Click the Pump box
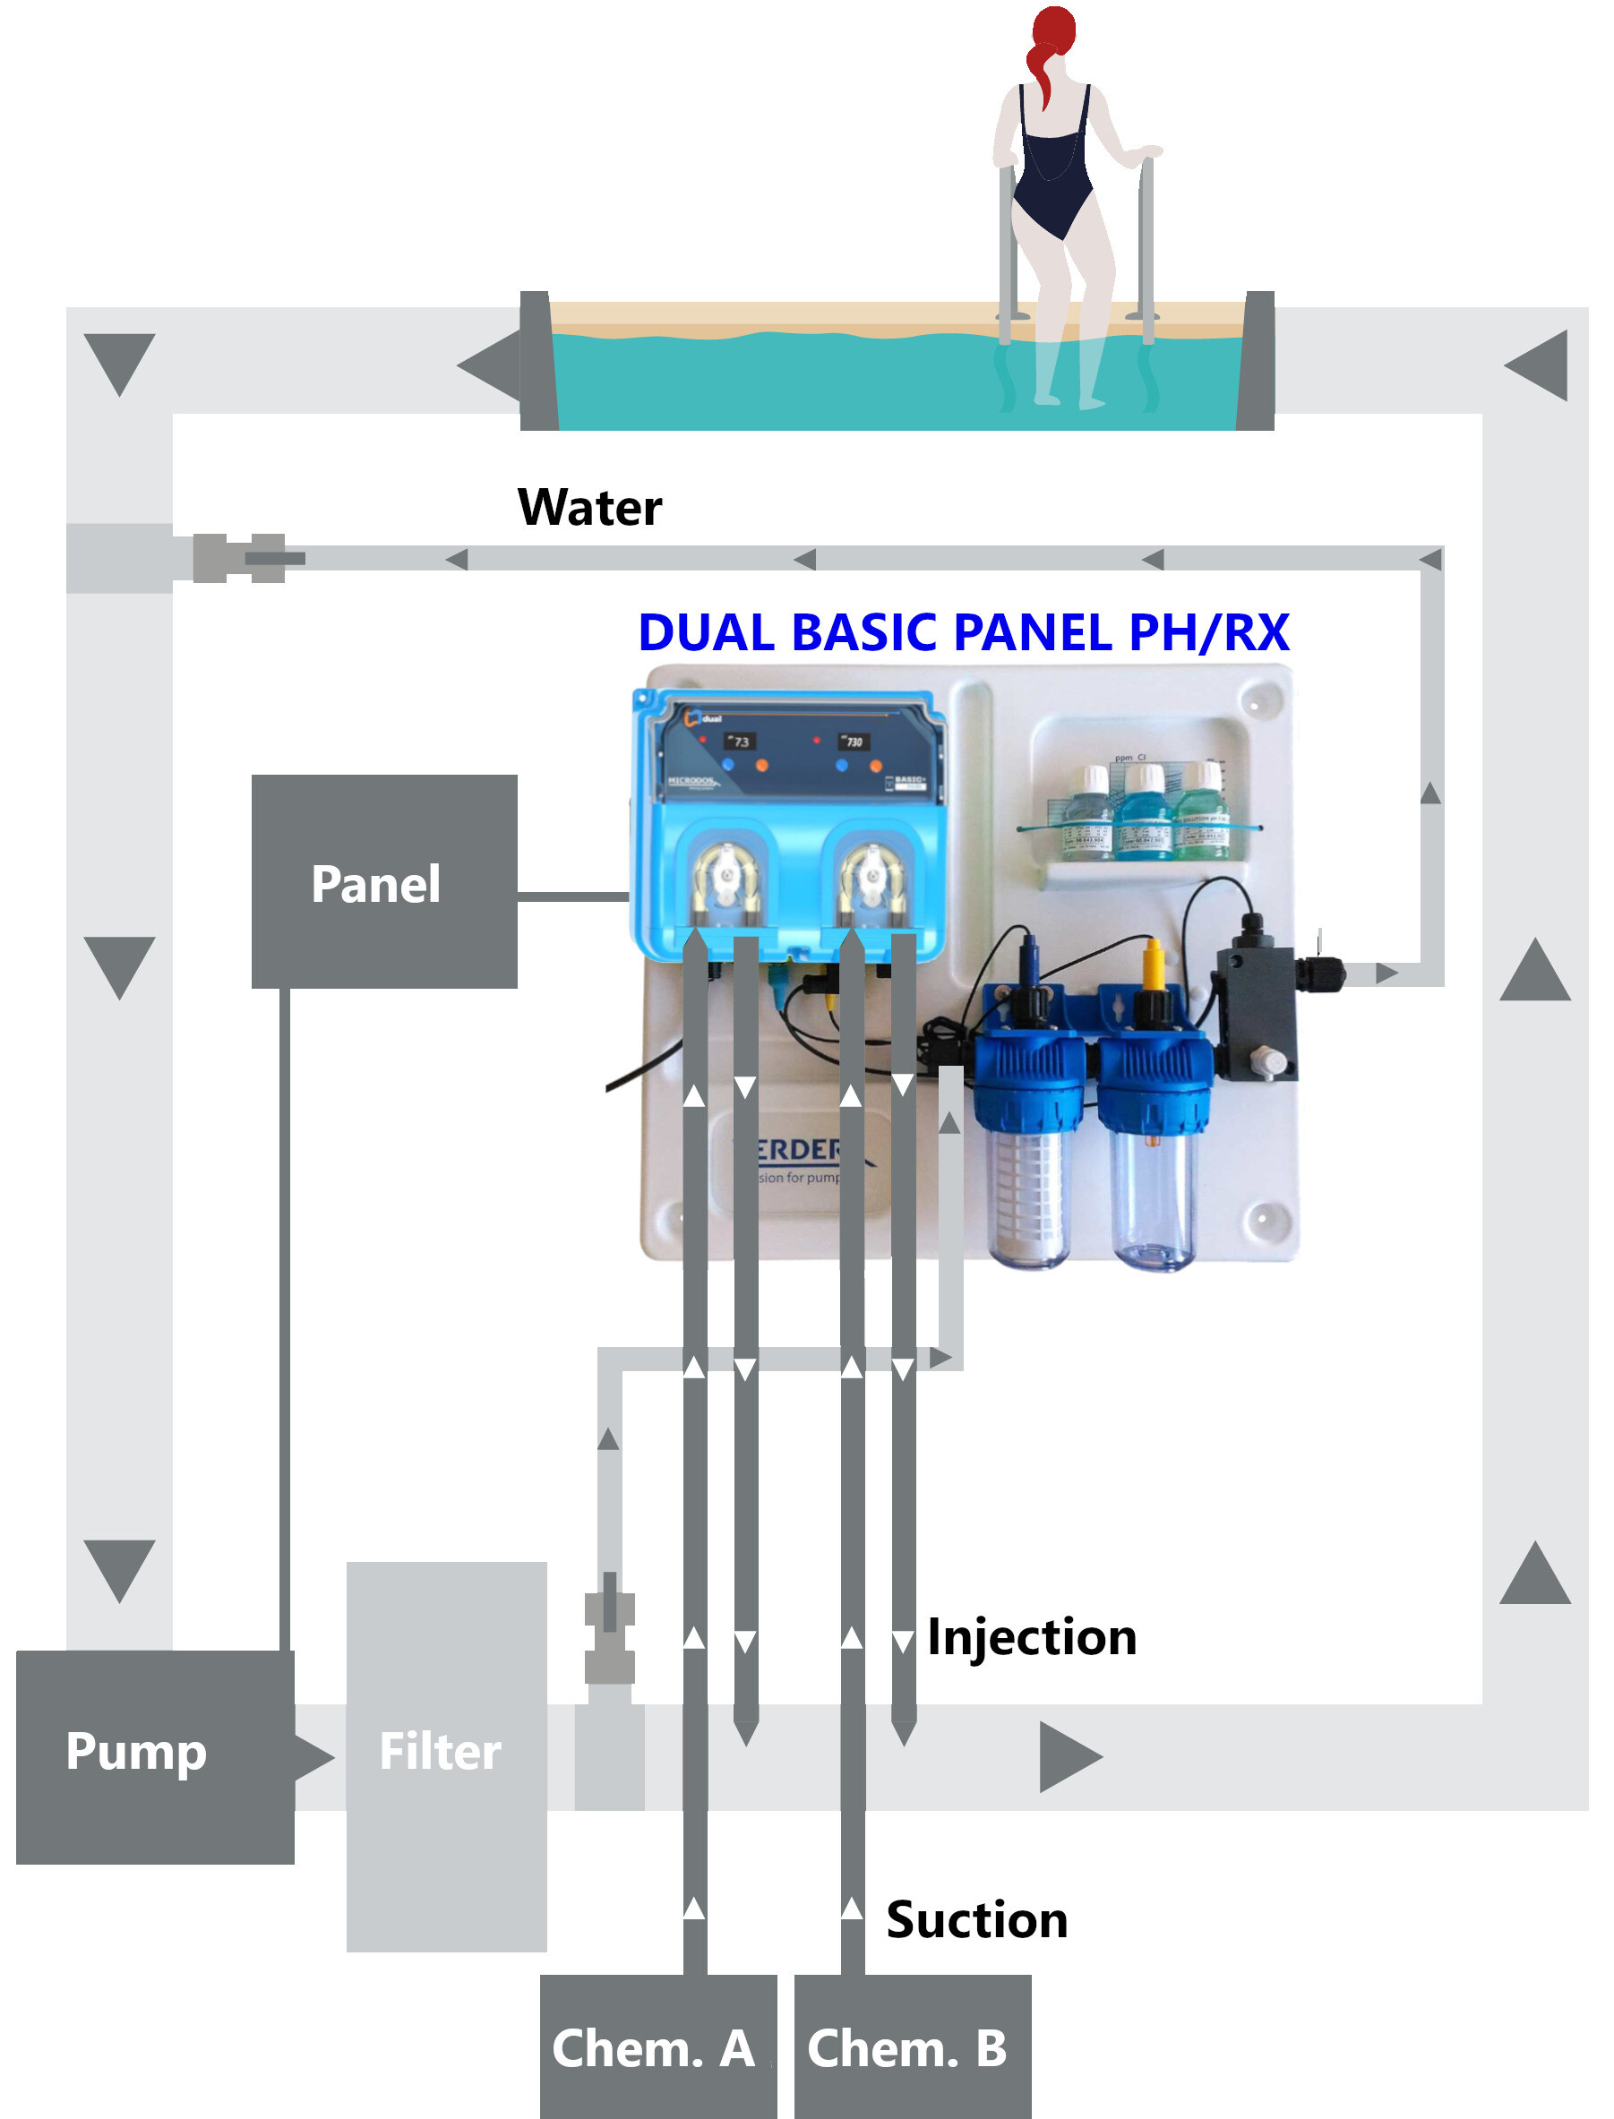154,1756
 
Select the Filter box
446,1756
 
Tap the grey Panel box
383,881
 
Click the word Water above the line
589,507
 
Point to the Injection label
1031,1637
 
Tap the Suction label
976,1919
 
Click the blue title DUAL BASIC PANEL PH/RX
963,632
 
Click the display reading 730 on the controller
853,742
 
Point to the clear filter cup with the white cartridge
1028,1201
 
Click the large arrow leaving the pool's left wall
490,365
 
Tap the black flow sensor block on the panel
1254,1014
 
